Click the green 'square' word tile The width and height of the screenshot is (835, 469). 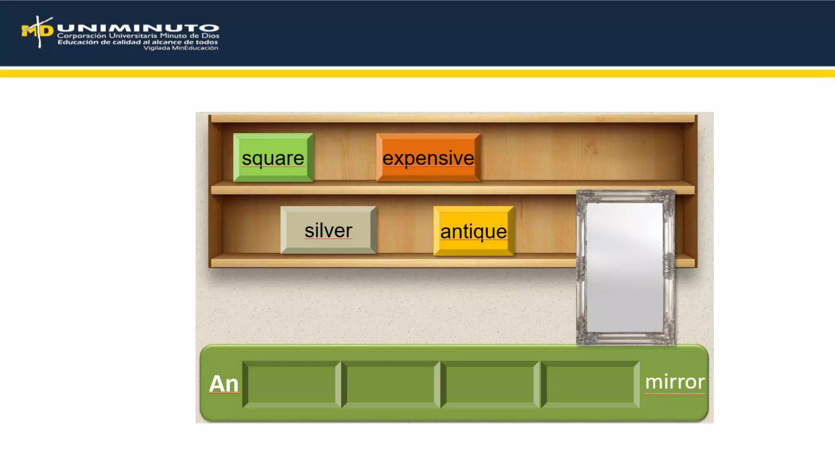click(273, 158)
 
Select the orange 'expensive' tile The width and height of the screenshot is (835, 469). click(428, 158)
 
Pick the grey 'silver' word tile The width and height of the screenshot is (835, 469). click(328, 230)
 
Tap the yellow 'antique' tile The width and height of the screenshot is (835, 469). click(473, 231)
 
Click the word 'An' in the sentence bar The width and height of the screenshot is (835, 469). click(223, 384)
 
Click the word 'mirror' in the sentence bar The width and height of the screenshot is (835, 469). click(675, 382)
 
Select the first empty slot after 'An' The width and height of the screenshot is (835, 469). click(292, 384)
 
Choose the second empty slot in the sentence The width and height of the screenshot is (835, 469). click(391, 384)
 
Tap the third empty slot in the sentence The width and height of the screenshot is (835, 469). click(490, 384)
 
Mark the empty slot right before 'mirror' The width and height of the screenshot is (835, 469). click(590, 384)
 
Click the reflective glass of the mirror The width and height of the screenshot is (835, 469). click(625, 267)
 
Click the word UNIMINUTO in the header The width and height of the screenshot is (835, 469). click(138, 28)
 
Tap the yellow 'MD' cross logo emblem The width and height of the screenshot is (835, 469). click(38, 31)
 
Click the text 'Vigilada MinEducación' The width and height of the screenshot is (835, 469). click(181, 48)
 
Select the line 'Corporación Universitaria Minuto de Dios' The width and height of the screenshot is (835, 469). click(138, 36)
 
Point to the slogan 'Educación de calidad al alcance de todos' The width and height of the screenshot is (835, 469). click(138, 42)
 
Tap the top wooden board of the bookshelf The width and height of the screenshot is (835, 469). click(453, 118)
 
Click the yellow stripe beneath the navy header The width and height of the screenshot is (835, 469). click(417, 73)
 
